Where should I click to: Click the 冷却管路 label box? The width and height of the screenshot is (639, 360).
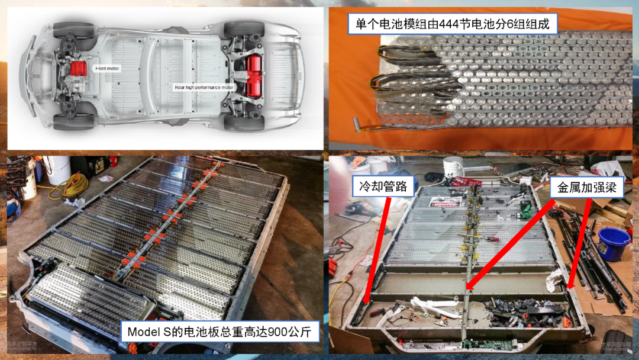(383, 187)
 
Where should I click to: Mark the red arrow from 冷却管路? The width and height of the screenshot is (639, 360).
(379, 249)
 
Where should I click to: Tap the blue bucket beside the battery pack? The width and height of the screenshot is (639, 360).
(612, 243)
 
